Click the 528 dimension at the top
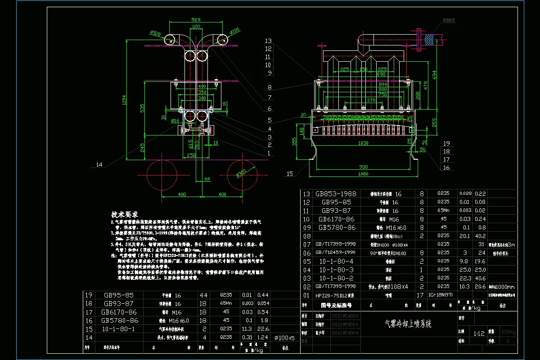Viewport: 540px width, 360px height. [x=195, y=20]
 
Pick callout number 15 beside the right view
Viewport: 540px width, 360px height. [x=289, y=173]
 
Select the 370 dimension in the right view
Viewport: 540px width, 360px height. [x=371, y=100]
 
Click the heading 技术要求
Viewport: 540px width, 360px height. [x=125, y=215]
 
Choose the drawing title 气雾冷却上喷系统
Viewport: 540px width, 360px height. [x=407, y=324]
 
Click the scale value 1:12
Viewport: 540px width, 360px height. [x=479, y=333]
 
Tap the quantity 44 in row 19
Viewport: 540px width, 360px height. [x=203, y=295]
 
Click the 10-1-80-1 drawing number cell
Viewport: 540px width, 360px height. [x=119, y=328]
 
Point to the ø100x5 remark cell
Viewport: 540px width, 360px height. [x=284, y=337]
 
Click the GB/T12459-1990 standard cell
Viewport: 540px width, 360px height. [x=334, y=252]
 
